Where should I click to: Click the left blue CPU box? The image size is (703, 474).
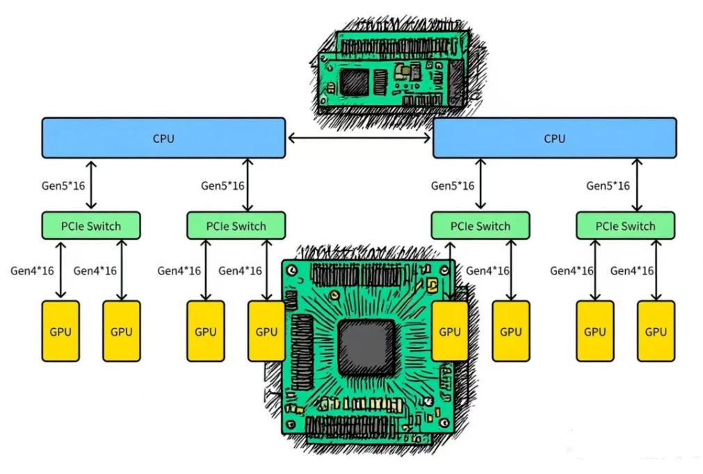click(163, 138)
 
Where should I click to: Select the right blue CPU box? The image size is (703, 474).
click(554, 138)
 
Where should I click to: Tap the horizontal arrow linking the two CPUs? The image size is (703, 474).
click(359, 138)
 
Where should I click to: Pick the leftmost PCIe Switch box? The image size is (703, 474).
click(91, 225)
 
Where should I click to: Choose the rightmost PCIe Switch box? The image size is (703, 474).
click(626, 225)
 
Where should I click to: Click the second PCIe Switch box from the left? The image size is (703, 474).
click(236, 225)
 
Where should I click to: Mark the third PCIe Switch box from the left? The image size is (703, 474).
click(480, 225)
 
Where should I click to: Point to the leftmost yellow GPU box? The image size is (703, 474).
click(60, 331)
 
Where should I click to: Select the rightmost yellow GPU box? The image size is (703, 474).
click(656, 331)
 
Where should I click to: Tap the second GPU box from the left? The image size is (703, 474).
click(122, 331)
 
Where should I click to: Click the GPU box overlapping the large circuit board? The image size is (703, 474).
click(450, 331)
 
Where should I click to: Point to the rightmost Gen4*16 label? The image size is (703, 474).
click(632, 270)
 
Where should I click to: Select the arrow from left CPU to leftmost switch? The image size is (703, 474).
click(91, 185)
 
